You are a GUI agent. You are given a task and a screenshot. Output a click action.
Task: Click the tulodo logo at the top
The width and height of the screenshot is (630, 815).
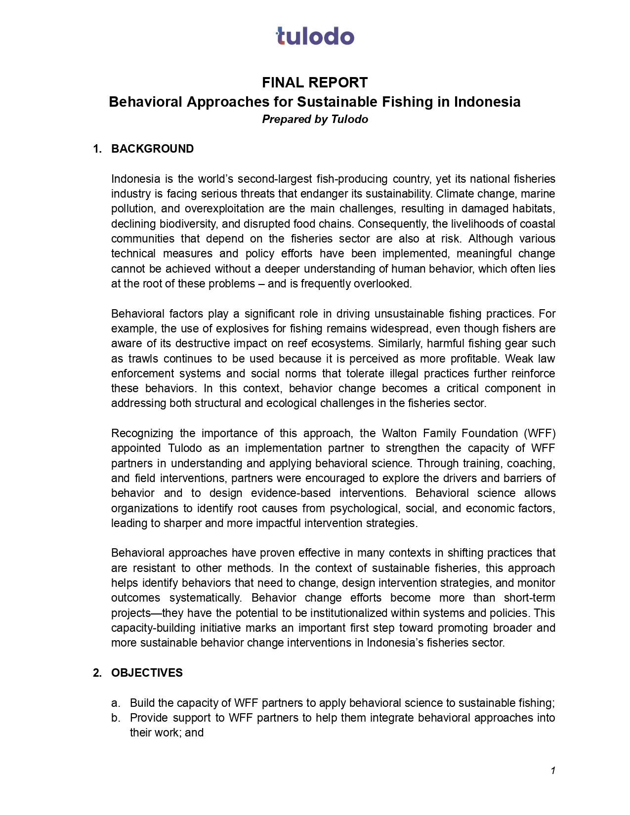315,37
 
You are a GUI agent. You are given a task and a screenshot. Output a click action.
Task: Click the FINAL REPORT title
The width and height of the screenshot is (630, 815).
315,82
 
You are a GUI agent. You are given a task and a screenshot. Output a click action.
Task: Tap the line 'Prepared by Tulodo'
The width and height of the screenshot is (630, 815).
315,120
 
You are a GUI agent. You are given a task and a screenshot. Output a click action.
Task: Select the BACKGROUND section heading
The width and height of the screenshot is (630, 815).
152,149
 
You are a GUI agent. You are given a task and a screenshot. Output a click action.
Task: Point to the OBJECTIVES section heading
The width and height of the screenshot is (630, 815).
147,673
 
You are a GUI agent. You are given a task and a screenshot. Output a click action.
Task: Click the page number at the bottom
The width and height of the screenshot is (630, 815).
553,771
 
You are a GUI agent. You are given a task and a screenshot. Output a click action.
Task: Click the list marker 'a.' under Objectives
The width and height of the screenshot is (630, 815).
116,703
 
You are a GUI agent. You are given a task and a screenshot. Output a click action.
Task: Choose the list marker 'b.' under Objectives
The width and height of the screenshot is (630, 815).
116,718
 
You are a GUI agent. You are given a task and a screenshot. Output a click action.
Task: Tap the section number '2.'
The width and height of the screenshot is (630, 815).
97,673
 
